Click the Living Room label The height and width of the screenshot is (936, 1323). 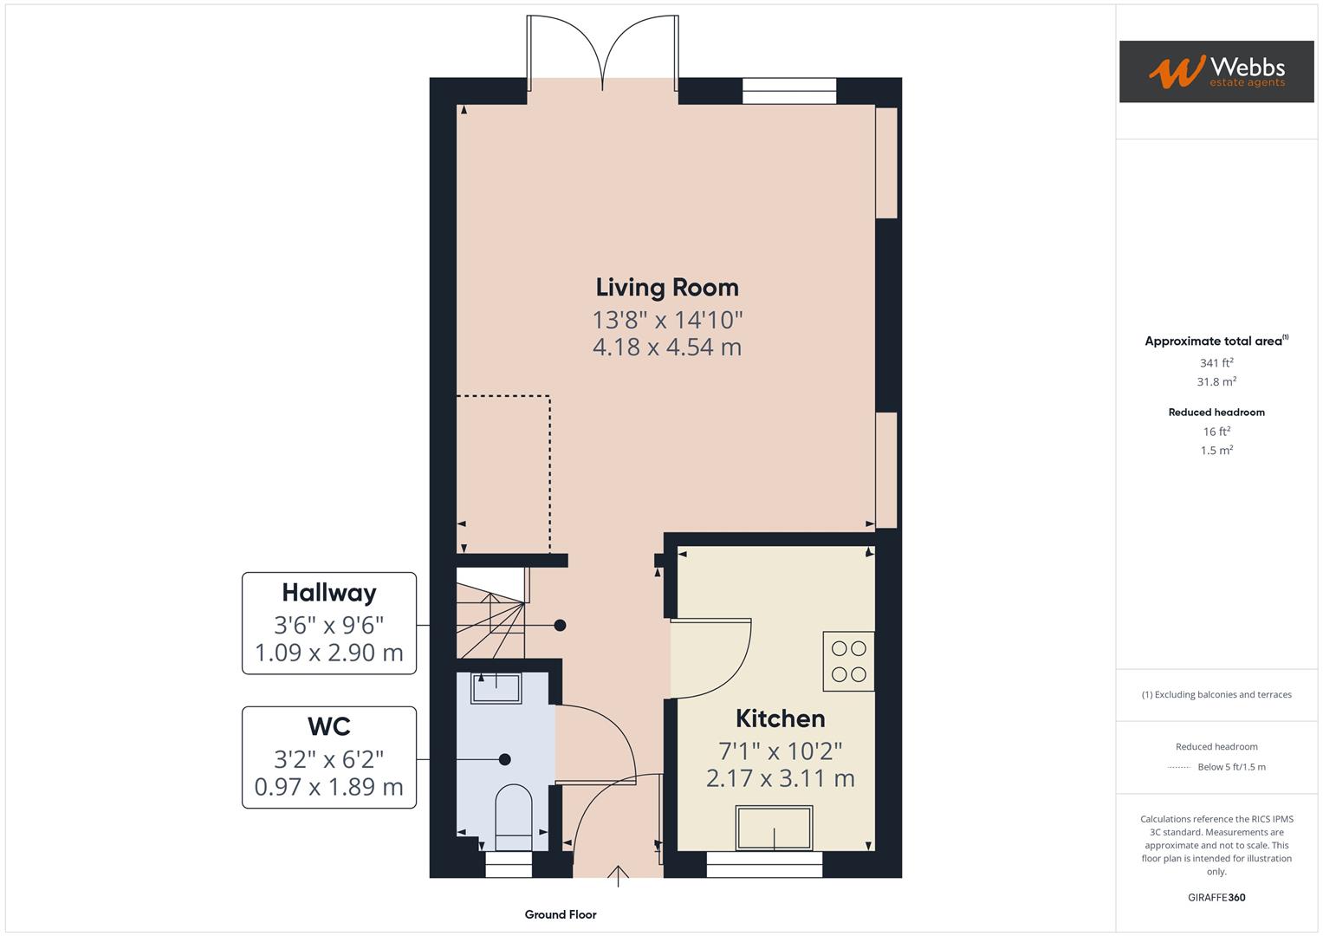tap(666, 288)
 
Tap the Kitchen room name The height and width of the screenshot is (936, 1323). tap(780, 718)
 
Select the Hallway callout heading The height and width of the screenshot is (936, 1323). tap(328, 593)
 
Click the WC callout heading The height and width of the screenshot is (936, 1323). tap(328, 726)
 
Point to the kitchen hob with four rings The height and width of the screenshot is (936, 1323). tap(848, 661)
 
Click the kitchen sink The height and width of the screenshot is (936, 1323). tap(774, 828)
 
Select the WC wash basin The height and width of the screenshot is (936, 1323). tap(496, 689)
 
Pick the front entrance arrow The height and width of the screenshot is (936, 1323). tap(618, 874)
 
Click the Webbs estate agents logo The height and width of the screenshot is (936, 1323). tap(1216, 72)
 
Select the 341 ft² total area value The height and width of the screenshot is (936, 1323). tap(1216, 363)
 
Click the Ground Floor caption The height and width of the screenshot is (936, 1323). tap(560, 914)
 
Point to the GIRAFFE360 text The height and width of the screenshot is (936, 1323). tap(1216, 897)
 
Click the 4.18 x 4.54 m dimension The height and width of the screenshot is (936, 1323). tap(666, 348)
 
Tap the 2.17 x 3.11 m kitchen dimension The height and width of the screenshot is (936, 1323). tap(780, 778)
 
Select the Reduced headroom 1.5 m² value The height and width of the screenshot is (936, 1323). tap(1216, 451)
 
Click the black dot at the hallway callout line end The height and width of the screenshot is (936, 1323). tap(560, 625)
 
